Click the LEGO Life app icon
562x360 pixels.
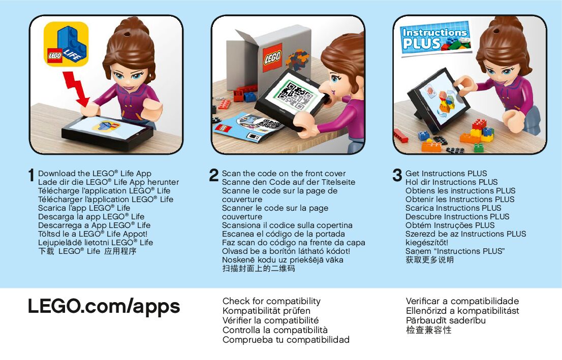click(x=66, y=44)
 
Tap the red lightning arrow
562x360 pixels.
click(x=77, y=89)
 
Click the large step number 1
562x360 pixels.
click(x=32, y=175)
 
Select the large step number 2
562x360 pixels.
click(x=213, y=175)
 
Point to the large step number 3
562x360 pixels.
click(x=397, y=175)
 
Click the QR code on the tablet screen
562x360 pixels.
click(x=296, y=95)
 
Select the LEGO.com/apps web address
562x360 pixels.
click(x=104, y=307)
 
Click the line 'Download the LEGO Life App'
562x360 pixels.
click(x=95, y=173)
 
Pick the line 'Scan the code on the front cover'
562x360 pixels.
click(x=284, y=173)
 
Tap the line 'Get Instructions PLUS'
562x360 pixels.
click(x=446, y=173)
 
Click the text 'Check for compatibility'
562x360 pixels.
click(x=271, y=301)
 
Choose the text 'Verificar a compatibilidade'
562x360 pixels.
click(x=462, y=301)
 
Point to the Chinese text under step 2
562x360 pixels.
click(x=259, y=268)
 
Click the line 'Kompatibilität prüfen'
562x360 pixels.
click(x=266, y=311)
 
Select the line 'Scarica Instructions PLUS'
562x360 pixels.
click(x=453, y=208)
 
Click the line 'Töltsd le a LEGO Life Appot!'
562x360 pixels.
click(x=93, y=234)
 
